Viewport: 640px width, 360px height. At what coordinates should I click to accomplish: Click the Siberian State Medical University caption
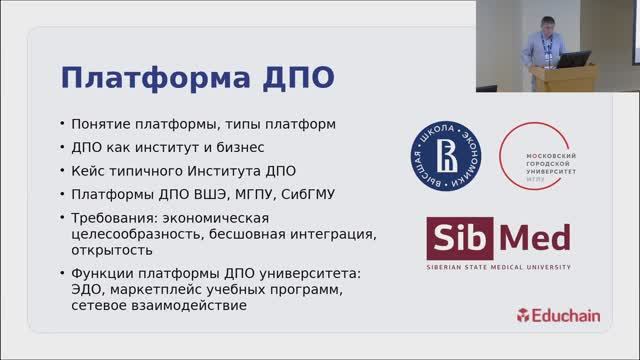tap(498, 268)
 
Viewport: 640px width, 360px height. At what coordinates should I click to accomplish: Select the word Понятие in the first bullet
tap(103, 125)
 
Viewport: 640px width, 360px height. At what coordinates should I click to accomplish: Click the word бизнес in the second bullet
tap(231, 148)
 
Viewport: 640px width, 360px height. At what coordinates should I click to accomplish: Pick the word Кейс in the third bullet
tap(88, 171)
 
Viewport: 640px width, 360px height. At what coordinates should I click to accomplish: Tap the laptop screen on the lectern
tap(572, 58)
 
